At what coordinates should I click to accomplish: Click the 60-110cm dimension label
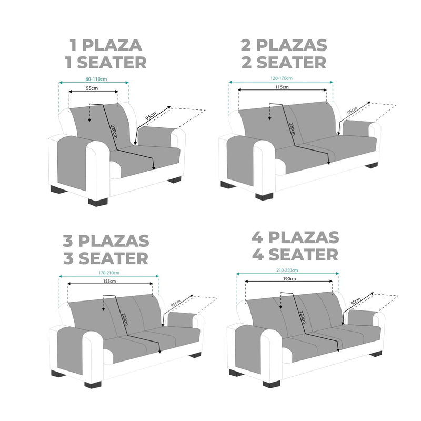click(x=96, y=79)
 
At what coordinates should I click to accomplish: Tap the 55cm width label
click(x=92, y=88)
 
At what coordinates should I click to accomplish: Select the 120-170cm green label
click(x=282, y=78)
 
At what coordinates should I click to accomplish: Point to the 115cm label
click(x=282, y=87)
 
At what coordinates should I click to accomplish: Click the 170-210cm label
click(x=109, y=273)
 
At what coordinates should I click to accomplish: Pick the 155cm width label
click(x=109, y=281)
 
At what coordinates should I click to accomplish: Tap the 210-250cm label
click(x=287, y=270)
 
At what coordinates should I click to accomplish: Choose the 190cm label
click(x=289, y=279)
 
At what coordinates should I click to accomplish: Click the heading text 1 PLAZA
click(x=106, y=45)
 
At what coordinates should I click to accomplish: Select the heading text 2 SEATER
click(x=284, y=63)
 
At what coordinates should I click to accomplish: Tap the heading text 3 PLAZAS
click(x=106, y=241)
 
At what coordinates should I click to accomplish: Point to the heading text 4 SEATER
click(x=295, y=255)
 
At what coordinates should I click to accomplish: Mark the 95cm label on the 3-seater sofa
click(x=176, y=304)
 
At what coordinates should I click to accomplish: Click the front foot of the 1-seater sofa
click(x=98, y=202)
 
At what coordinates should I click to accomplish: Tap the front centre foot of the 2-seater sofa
click(x=264, y=196)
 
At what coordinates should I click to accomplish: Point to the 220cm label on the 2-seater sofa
click(x=292, y=129)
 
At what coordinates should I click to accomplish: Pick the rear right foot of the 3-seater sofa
click(x=195, y=355)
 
